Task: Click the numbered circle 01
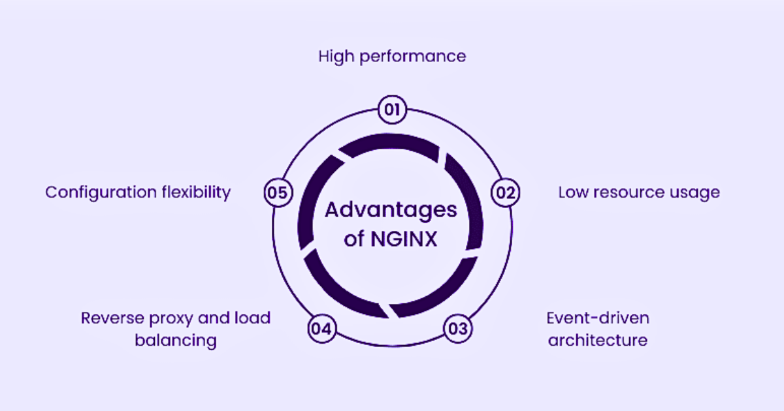pyautogui.click(x=392, y=110)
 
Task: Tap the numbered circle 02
pyautogui.click(x=505, y=192)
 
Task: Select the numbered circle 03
pyautogui.click(x=458, y=328)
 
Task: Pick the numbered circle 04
pyautogui.click(x=321, y=328)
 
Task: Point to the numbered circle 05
pyautogui.click(x=278, y=192)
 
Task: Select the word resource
pyautogui.click(x=625, y=192)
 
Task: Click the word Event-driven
pyautogui.click(x=598, y=318)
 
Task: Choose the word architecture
pyautogui.click(x=598, y=340)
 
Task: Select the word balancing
pyautogui.click(x=176, y=341)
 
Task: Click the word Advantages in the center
pyautogui.click(x=391, y=211)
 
